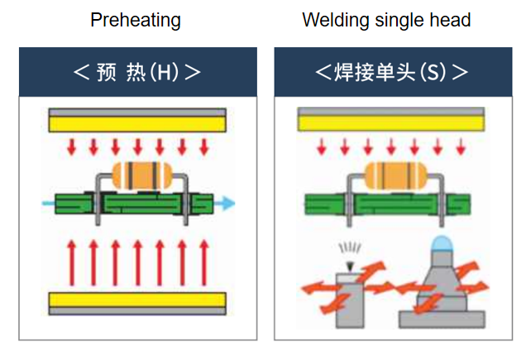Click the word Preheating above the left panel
click(x=136, y=20)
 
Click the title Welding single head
click(x=386, y=20)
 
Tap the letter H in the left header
click(x=165, y=72)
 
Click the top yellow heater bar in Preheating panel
click(x=137, y=123)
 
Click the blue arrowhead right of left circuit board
click(x=227, y=202)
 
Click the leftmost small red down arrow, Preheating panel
click(x=72, y=147)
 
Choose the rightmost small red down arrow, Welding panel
click(x=461, y=147)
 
